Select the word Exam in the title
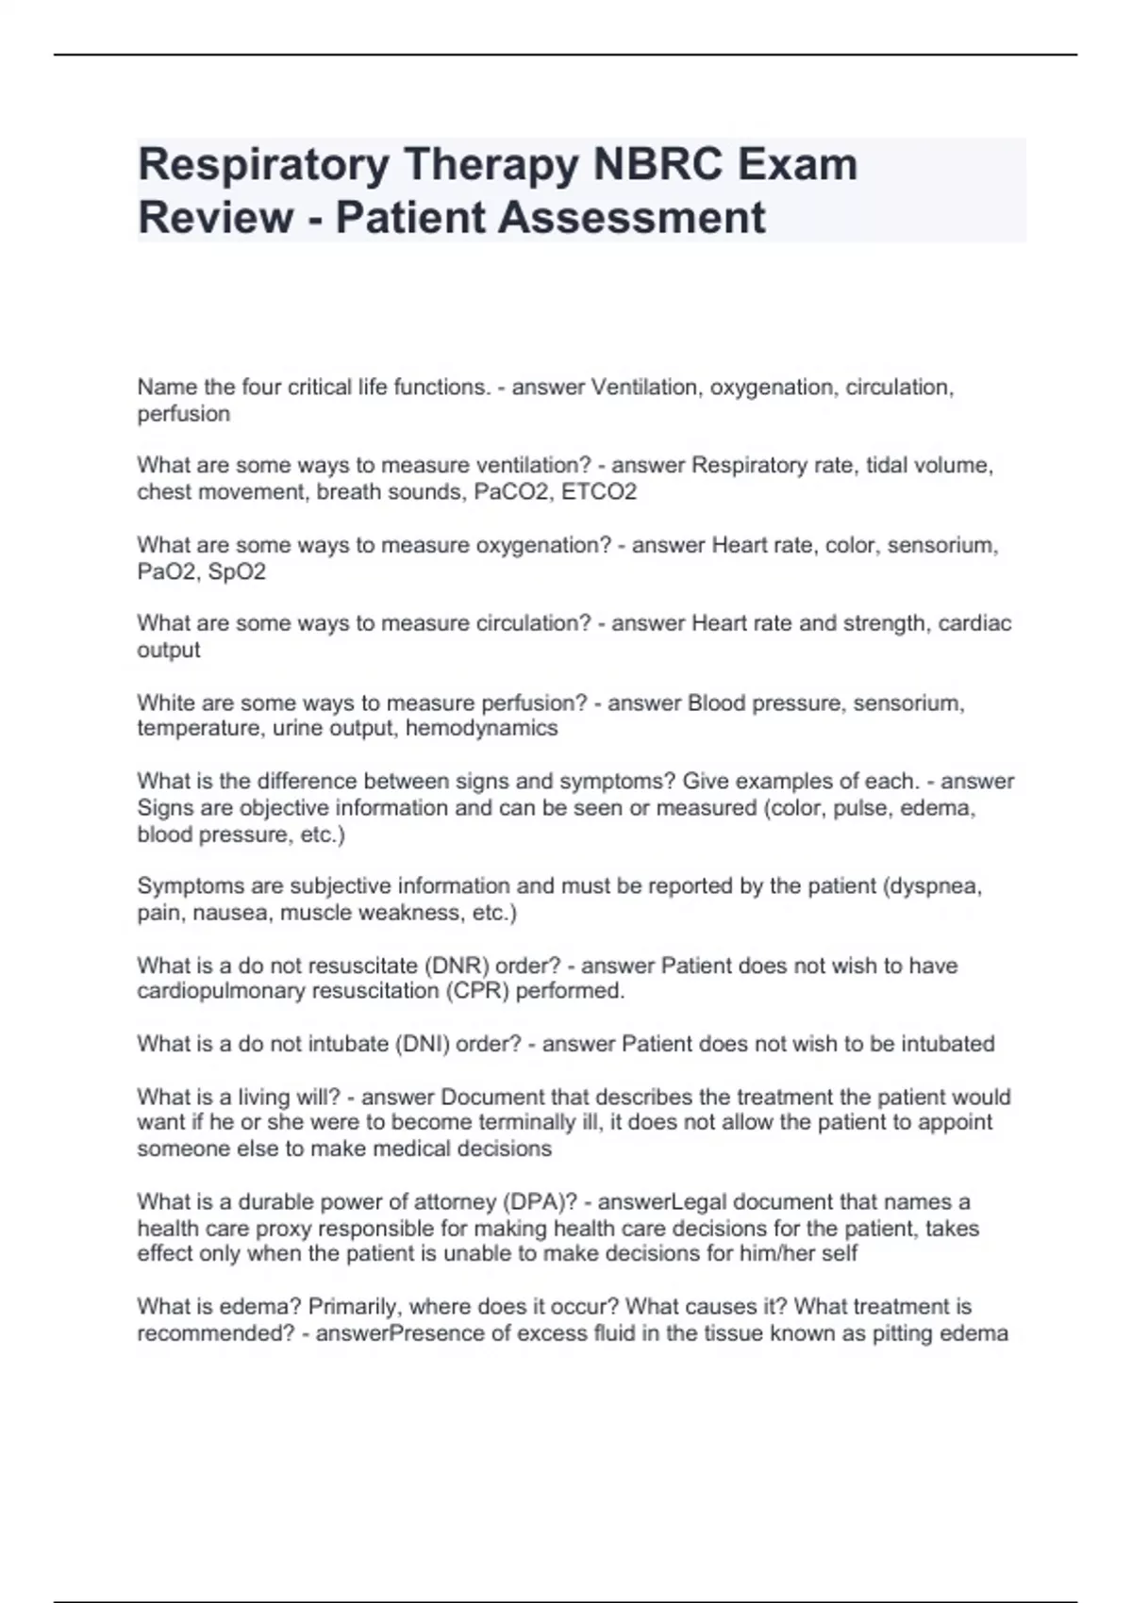pos(797,165)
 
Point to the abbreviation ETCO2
pos(599,492)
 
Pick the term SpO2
pos(237,572)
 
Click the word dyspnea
pos(932,886)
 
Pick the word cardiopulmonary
pos(222,992)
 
